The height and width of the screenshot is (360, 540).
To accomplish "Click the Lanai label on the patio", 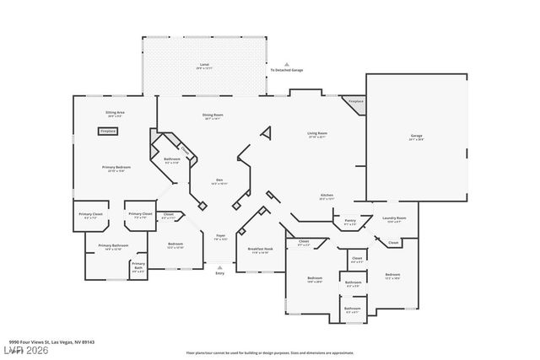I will click(203, 64).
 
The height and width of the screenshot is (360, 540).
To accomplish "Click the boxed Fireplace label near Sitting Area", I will click(108, 132).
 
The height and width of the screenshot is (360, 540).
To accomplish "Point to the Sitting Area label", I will click(116, 112).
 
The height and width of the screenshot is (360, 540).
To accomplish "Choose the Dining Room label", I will click(213, 115).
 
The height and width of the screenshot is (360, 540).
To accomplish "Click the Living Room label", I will click(317, 133).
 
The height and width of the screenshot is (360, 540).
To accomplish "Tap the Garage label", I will click(416, 136).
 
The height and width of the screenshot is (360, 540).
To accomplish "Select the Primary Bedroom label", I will click(116, 168).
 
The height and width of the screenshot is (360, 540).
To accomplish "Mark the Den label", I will click(219, 180).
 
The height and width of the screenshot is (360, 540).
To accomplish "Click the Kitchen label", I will click(327, 196).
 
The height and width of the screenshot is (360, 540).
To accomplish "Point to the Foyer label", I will click(220, 236).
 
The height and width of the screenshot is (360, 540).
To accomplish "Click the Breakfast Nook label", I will click(259, 250).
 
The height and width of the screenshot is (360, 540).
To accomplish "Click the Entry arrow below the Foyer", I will click(220, 266).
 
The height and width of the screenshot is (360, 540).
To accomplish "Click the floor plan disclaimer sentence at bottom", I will click(269, 352).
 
